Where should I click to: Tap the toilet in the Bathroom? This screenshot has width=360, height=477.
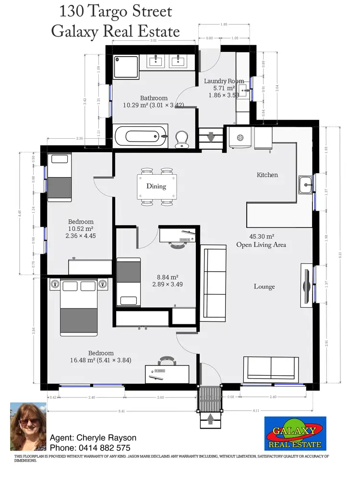coord(181,140)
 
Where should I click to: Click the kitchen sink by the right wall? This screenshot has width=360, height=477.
coord(305,184)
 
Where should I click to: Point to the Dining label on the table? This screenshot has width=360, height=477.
coord(156,186)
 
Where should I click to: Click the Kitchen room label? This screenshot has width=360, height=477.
coord(267,175)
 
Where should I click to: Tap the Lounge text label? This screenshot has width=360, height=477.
coord(264,286)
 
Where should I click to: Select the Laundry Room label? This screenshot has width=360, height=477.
coord(224,81)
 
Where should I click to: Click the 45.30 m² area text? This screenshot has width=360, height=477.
coord(262,237)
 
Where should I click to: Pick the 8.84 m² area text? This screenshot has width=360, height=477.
coord(167,277)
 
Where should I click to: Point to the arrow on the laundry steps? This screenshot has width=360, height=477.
coord(210,138)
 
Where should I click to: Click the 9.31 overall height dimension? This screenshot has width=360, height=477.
coord(340,257)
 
